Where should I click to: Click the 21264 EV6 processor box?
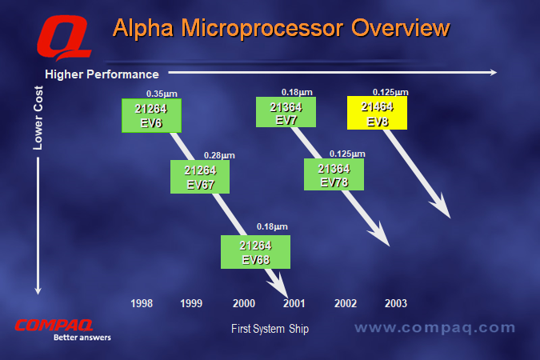pos(151,116)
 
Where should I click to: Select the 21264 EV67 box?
pos(200,177)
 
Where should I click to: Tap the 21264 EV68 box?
pos(255,252)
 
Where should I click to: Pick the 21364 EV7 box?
pos(286,112)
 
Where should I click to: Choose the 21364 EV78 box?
pos(334,174)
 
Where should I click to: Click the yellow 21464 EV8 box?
pos(377,113)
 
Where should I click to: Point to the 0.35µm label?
pos(162,94)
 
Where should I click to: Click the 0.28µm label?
pos(219,155)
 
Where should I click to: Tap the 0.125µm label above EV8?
pos(390,92)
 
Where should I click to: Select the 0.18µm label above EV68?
pos(272,226)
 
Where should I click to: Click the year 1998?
pos(142,303)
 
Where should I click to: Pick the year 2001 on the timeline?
pos(294,303)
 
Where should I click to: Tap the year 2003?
pos(396,303)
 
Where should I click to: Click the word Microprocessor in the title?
pos(262,28)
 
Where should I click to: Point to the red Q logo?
pos(65,38)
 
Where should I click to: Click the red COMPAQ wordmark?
pos(54,326)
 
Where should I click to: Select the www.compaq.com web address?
pos(435,328)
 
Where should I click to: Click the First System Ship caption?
pos(270,329)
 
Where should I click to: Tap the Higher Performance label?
pos(102,74)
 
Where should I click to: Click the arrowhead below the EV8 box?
pos(441,206)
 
